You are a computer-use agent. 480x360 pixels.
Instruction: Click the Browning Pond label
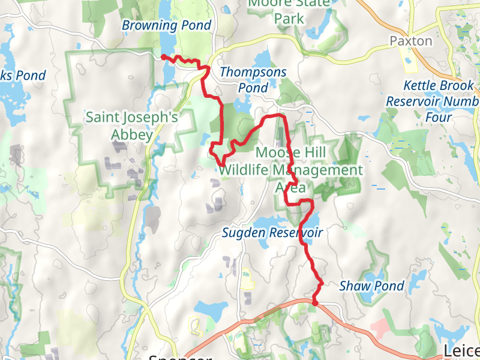tap(166, 25)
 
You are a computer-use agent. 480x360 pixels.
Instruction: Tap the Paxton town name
tap(410, 41)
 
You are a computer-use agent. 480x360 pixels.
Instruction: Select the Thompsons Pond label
tap(253, 80)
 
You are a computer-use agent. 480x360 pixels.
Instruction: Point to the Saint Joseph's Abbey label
tap(131, 125)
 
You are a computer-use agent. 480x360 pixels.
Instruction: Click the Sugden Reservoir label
tap(272, 232)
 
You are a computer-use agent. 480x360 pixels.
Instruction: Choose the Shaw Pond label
tap(372, 286)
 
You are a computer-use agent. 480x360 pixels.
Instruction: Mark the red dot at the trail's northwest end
tap(163, 57)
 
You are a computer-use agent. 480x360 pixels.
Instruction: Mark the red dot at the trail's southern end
tap(315, 303)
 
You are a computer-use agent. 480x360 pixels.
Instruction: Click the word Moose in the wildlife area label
tap(275, 152)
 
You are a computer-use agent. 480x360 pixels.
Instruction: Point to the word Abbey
tap(131, 134)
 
